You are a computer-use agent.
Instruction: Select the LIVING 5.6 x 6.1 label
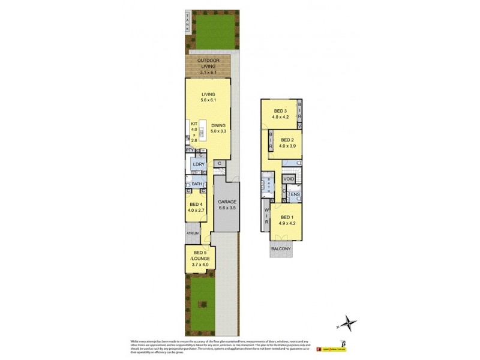pyautogui.click(x=208, y=97)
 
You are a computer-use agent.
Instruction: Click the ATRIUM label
pyautogui.click(x=193, y=233)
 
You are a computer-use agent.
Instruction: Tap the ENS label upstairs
pyautogui.click(x=295, y=194)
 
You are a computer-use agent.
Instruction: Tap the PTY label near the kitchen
pyautogui.click(x=188, y=150)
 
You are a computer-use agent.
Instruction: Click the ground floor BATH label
pyautogui.click(x=197, y=184)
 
